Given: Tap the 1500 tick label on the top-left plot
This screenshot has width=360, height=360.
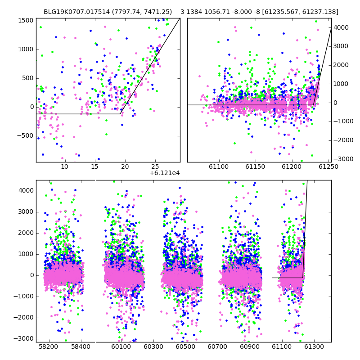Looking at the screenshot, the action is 26,21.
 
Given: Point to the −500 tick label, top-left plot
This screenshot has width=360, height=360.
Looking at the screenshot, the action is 25,136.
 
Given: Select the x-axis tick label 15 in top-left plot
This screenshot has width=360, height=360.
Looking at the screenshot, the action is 94,166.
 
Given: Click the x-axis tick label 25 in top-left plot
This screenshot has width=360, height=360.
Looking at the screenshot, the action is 155,166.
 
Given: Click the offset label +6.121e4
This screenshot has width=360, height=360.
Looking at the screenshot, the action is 165,173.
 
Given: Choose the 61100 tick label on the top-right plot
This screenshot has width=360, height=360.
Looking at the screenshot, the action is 219,166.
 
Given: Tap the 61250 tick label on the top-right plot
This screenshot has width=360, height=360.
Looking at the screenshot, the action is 328,166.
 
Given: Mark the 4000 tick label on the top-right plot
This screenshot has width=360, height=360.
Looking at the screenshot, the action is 341,27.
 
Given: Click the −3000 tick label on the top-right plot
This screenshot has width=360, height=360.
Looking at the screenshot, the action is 343,159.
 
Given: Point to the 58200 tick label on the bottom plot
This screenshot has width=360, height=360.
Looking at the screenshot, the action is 49,346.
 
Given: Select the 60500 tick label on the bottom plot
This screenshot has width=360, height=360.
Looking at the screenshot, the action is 185,346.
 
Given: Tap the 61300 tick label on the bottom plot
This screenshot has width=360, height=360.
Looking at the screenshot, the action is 314,346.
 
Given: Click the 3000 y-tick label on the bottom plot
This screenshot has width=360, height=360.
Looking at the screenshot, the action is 26,212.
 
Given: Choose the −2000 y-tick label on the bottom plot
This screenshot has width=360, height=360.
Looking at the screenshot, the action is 23,318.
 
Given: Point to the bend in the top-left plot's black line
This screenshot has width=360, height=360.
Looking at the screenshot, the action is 120,114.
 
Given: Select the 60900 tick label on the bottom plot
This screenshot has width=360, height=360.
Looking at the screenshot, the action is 250,346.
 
